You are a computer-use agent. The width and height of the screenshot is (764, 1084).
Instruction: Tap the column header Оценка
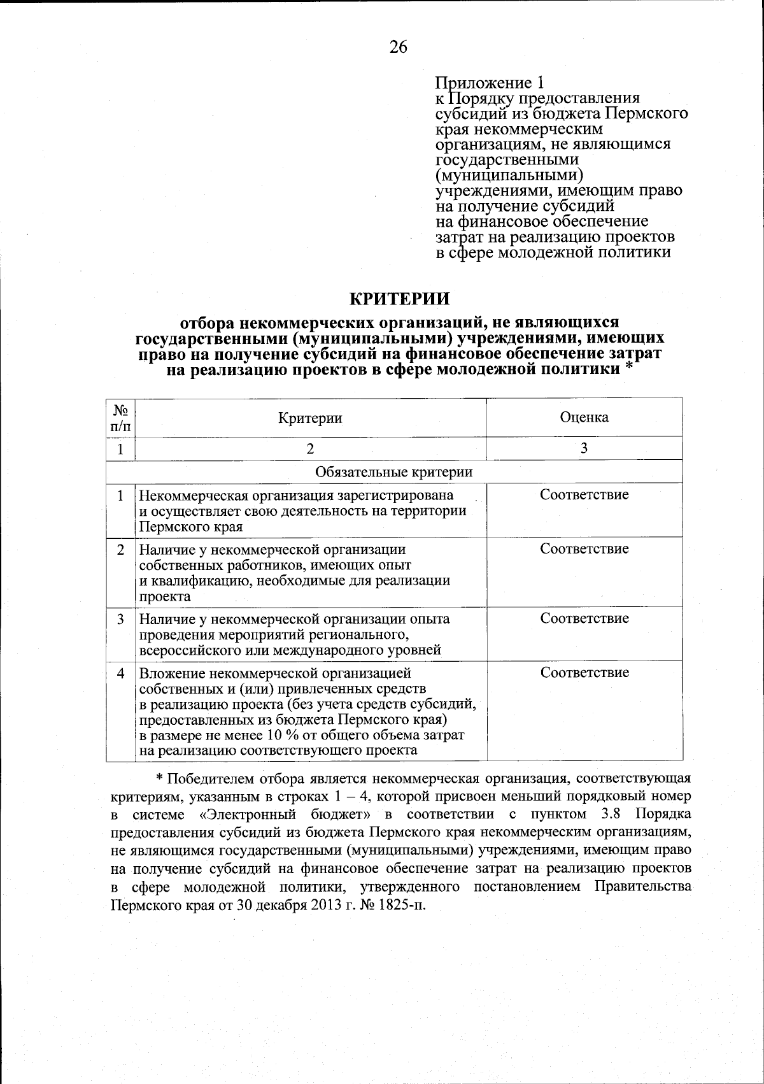pyautogui.click(x=584, y=417)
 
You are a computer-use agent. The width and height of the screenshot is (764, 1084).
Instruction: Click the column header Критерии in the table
pyautogui.click(x=310, y=418)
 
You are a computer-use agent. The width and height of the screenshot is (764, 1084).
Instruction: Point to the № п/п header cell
pyautogui.click(x=121, y=418)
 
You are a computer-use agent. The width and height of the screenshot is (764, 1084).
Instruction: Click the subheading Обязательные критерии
pyautogui.click(x=394, y=472)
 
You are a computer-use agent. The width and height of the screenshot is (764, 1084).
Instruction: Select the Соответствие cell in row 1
pyautogui.click(x=584, y=495)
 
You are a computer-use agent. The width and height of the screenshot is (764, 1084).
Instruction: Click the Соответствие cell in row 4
pyautogui.click(x=584, y=673)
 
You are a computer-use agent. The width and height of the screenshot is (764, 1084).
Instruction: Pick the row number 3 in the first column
pyautogui.click(x=121, y=618)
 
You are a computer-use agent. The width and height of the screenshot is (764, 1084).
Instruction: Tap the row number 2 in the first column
pyautogui.click(x=121, y=549)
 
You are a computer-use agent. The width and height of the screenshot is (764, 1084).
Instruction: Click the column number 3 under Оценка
pyautogui.click(x=584, y=448)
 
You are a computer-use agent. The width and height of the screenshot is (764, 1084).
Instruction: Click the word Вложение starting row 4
pyautogui.click(x=168, y=673)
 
